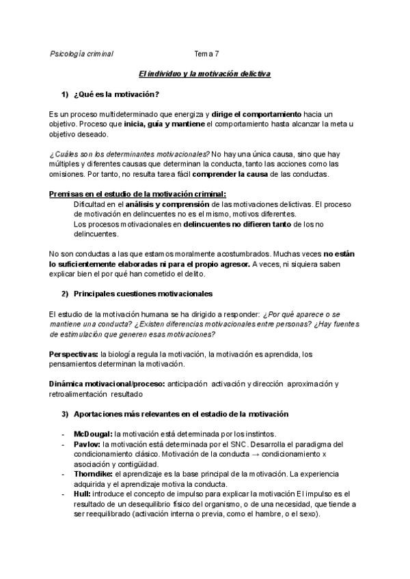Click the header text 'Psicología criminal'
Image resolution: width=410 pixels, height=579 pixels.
point(82,53)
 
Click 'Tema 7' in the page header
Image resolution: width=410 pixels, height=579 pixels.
point(207,53)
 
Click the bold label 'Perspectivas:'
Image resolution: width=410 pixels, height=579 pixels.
point(73,354)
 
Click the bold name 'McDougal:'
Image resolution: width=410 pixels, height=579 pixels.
point(93,434)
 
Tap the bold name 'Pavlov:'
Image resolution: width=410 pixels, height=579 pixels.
point(87,444)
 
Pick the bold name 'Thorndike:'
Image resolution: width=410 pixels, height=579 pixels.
point(94,473)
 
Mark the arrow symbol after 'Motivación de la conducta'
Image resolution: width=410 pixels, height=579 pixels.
point(267,454)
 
